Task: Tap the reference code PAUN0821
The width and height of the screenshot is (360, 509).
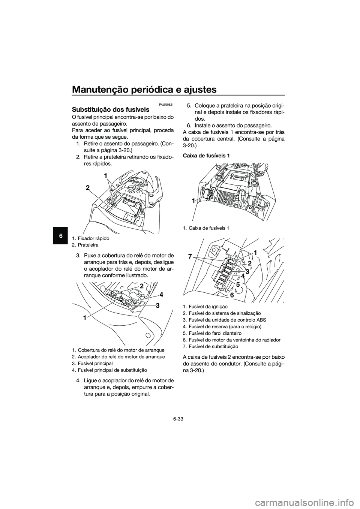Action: [165, 104]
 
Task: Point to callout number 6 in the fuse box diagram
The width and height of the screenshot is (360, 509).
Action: [232, 295]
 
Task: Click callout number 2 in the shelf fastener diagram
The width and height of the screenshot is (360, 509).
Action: [87, 188]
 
